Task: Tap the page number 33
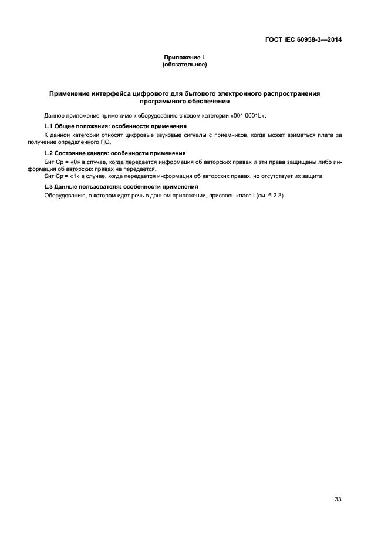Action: (x=338, y=499)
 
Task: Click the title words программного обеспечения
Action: (x=184, y=101)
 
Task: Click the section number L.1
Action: (x=49, y=126)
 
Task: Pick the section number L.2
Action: (x=49, y=153)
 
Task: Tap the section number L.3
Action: (x=49, y=187)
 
